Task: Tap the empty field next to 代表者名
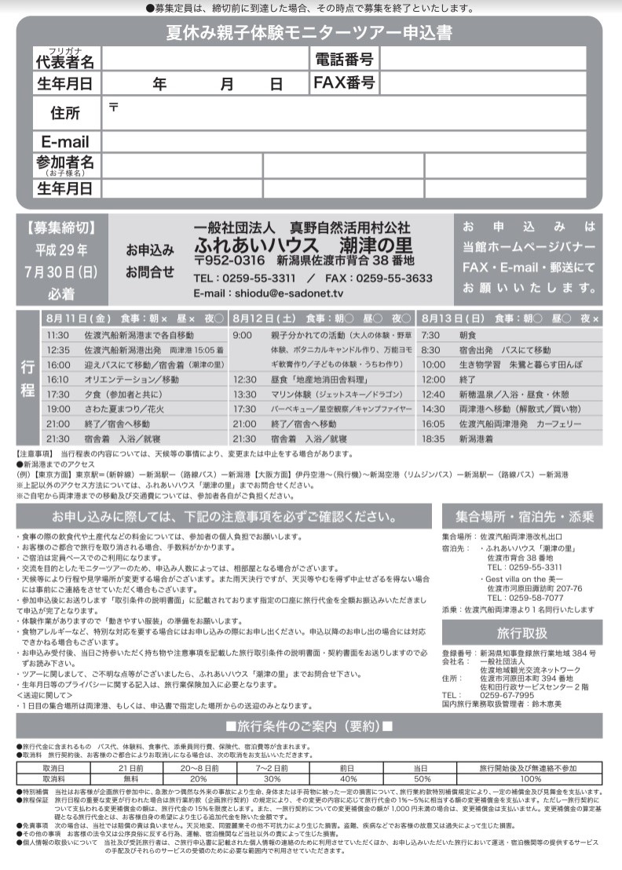point(205,59)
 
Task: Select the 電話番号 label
point(344,59)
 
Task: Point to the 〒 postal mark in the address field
point(113,107)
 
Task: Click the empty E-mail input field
point(343,142)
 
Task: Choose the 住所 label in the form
point(65,113)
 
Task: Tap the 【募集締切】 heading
point(60,228)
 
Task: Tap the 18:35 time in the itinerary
point(434,439)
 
